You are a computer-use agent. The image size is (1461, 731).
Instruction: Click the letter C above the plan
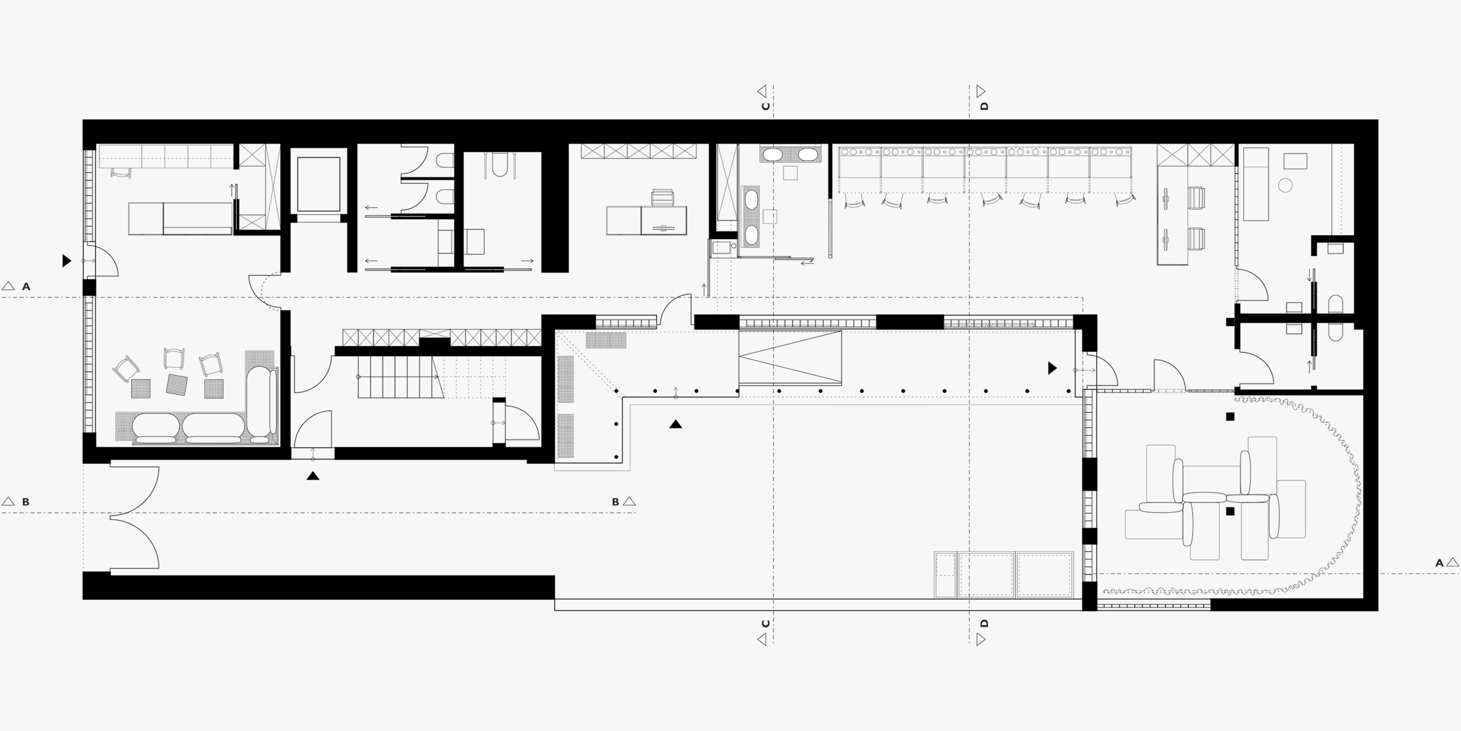tap(765, 106)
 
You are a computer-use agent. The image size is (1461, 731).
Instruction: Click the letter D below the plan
tap(983, 624)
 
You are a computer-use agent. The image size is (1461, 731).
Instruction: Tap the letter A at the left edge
tap(26, 287)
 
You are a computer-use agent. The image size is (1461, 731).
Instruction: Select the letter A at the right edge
tap(1439, 563)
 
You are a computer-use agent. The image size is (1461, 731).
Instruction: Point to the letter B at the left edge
tap(25, 502)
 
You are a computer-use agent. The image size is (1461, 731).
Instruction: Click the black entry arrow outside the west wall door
tap(67, 261)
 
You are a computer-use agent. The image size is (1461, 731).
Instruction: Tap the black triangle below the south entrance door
tap(313, 475)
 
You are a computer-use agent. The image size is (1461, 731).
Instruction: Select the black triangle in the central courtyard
tap(676, 424)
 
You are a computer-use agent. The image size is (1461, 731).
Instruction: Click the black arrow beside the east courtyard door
tap(1052, 368)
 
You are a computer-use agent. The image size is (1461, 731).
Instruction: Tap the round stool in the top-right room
tap(1286, 185)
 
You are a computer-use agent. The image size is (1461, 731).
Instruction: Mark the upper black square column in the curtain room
tap(1230, 417)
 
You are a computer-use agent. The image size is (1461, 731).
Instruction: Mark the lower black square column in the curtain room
tap(1230, 511)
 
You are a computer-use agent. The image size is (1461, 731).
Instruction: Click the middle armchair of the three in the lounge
tap(174, 359)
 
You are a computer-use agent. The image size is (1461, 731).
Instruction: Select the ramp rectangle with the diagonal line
tap(790, 357)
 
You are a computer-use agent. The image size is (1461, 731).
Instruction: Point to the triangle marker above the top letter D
tap(981, 91)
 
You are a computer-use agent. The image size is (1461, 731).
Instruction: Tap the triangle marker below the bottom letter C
tap(762, 640)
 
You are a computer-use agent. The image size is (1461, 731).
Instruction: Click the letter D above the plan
tap(983, 106)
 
